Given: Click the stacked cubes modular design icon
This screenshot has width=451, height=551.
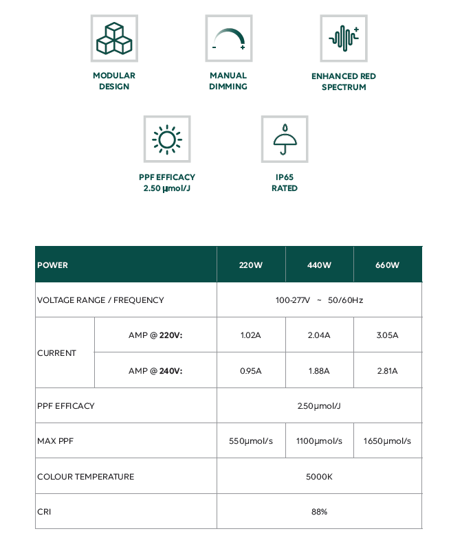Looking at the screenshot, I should point(114,38).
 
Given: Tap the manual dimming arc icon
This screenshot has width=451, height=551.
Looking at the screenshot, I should point(229,38).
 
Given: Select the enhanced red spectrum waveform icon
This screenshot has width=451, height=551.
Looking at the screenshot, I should point(344,38).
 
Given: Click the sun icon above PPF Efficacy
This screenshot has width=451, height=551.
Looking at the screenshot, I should point(167,139).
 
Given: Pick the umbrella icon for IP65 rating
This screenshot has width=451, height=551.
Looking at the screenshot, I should point(285,139).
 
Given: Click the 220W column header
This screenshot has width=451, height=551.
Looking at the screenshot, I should point(251,265).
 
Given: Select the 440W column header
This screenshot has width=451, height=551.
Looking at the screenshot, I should point(319,265).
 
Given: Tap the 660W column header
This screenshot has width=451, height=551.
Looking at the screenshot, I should point(388,265).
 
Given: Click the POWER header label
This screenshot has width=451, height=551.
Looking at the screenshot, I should point(53,265).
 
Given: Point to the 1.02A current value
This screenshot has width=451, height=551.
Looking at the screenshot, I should point(251,335).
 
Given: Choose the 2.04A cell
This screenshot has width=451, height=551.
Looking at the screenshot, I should point(319,335).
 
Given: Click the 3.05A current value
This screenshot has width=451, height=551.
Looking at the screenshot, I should point(388,335).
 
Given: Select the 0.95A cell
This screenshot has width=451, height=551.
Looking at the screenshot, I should point(251,370).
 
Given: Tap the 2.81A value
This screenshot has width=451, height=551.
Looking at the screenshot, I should point(388,370).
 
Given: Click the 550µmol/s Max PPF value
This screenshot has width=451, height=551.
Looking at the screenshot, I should point(251,440).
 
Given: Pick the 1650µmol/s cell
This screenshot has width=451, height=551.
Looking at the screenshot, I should point(388,440).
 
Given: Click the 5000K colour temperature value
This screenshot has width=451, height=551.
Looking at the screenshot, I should point(319,476).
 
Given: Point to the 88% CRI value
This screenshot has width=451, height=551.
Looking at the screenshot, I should point(319,511).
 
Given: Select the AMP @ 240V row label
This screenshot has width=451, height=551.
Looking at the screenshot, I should point(156,370).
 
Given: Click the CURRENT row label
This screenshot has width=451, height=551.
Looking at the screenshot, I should point(57,352).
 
